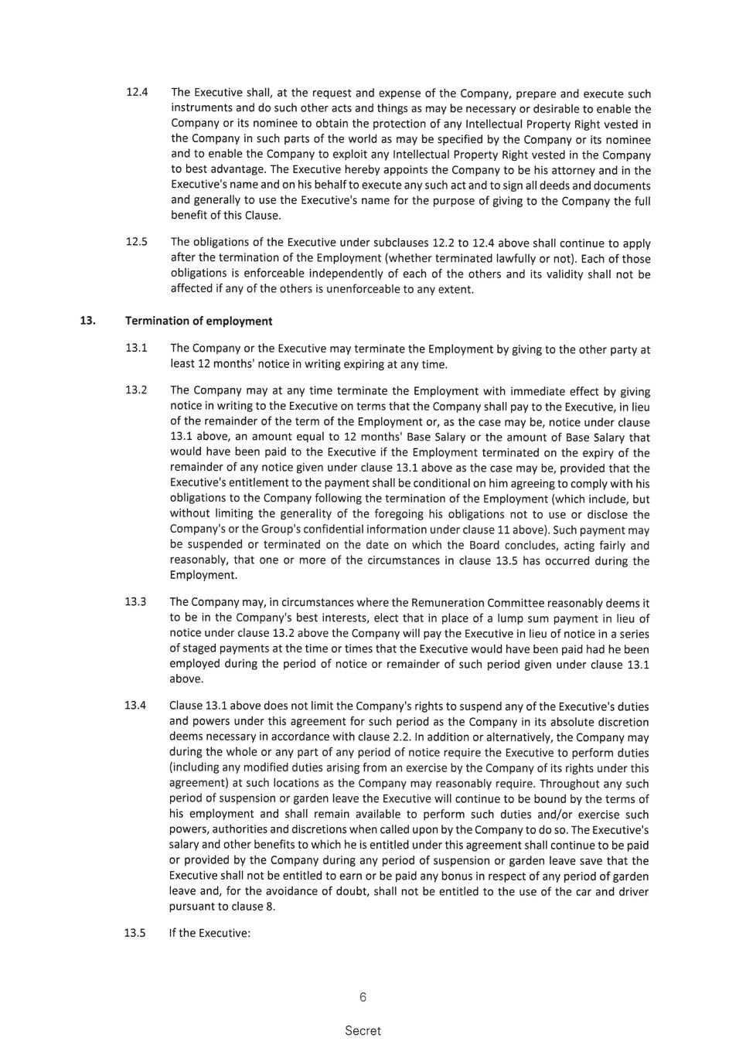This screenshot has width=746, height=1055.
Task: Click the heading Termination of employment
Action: [x=199, y=321]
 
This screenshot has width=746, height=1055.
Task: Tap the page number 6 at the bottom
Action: [x=363, y=997]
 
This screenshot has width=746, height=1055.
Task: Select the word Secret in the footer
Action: [x=363, y=1030]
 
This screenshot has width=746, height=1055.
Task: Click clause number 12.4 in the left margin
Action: [x=137, y=92]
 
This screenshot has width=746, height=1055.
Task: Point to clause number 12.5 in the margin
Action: [x=137, y=242]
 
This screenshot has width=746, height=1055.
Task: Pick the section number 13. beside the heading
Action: [x=87, y=321]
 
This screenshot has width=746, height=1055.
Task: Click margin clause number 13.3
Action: [x=136, y=601]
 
